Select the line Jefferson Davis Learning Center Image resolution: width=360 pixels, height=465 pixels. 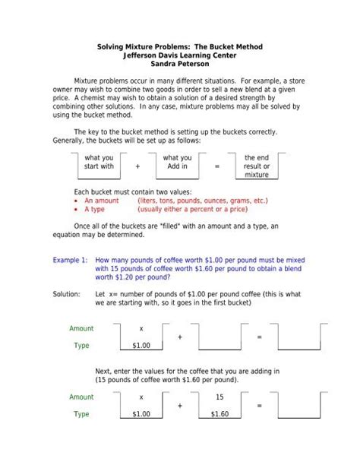pyautogui.click(x=180, y=55)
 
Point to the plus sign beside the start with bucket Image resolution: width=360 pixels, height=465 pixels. pyautogui.click(x=138, y=166)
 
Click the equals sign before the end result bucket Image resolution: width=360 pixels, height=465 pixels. pyautogui.click(x=216, y=166)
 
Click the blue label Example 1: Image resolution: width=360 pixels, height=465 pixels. pyautogui.click(x=71, y=259)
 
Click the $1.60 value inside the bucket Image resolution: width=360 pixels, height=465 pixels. pyautogui.click(x=219, y=414)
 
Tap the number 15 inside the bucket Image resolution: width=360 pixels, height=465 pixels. pyautogui.click(x=219, y=397)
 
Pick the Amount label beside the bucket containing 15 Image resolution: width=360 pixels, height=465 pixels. pyautogui.click(x=81, y=397)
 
